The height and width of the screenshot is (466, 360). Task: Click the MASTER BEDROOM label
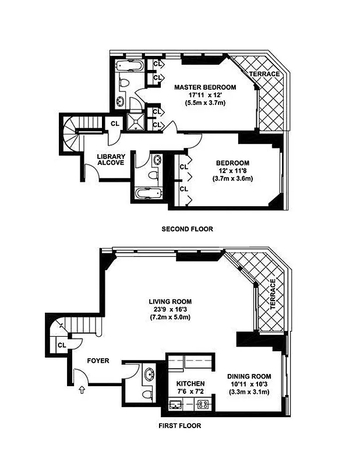coord(206,87)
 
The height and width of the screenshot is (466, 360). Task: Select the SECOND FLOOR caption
coord(187,230)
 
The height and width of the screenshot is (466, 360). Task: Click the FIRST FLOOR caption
coord(180,426)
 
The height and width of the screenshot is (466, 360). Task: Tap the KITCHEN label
coord(190,384)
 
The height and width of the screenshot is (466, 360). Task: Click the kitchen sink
coord(174,404)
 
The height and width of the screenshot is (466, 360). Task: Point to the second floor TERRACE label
coord(264,74)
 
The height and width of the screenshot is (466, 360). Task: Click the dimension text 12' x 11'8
coord(232,171)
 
